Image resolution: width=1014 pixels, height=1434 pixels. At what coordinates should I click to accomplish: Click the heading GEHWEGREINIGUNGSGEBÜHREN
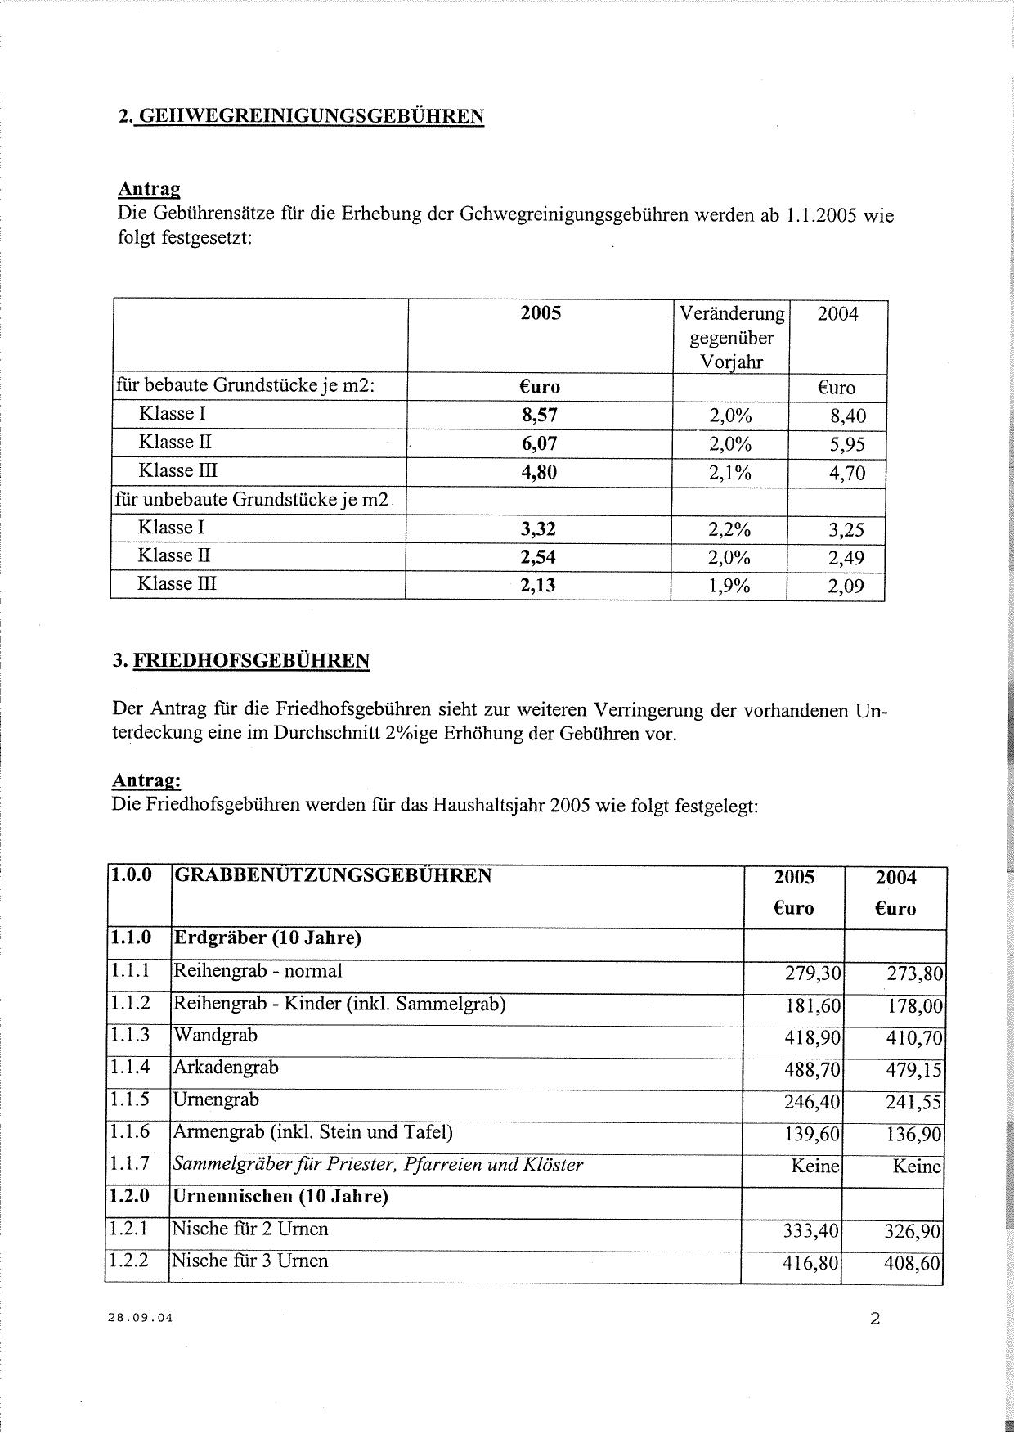[x=309, y=116]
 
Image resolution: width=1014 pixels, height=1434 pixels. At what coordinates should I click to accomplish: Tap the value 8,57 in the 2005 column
[x=540, y=415]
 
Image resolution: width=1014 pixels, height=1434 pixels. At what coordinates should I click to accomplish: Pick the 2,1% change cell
[x=729, y=472]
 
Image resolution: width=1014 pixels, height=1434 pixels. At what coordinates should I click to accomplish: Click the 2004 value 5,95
[x=846, y=444]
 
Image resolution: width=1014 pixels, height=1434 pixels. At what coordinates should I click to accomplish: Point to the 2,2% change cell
[x=729, y=529]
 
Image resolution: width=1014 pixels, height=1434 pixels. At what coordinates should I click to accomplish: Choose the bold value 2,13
[x=539, y=585]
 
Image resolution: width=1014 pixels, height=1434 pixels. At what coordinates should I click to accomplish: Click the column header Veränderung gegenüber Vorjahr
[x=731, y=337]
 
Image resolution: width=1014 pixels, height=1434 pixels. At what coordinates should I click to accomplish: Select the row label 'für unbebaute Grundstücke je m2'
[x=252, y=499]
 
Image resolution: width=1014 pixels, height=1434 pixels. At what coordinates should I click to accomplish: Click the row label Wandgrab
[x=215, y=1036]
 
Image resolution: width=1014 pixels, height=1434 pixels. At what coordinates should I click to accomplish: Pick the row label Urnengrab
[x=216, y=1100]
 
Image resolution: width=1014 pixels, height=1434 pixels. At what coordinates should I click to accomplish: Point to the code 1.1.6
[x=129, y=1132]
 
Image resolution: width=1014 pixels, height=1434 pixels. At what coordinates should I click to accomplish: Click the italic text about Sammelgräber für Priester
[x=377, y=1164]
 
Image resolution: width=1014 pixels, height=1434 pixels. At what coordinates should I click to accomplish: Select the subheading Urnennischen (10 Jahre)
[x=280, y=1196]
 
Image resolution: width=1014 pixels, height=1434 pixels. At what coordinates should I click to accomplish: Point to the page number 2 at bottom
[x=875, y=1319]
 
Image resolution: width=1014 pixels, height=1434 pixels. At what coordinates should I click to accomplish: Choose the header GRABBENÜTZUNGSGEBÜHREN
[x=334, y=876]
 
